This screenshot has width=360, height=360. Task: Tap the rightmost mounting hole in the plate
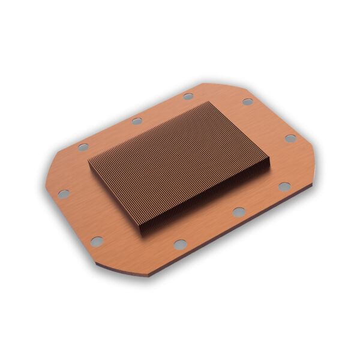coord(290,138)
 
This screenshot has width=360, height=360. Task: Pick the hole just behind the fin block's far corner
coord(188,96)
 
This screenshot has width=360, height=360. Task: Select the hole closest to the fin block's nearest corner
coord(179,244)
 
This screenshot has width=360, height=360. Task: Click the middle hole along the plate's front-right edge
coord(239,211)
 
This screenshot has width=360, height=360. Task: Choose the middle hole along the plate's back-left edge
coord(137,121)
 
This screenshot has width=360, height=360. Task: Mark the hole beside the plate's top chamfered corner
coord(247,101)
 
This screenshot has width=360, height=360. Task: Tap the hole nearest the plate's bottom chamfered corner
coord(97,241)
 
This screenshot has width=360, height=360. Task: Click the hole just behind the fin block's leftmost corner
coord(83,146)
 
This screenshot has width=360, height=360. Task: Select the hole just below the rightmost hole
coord(284,186)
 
